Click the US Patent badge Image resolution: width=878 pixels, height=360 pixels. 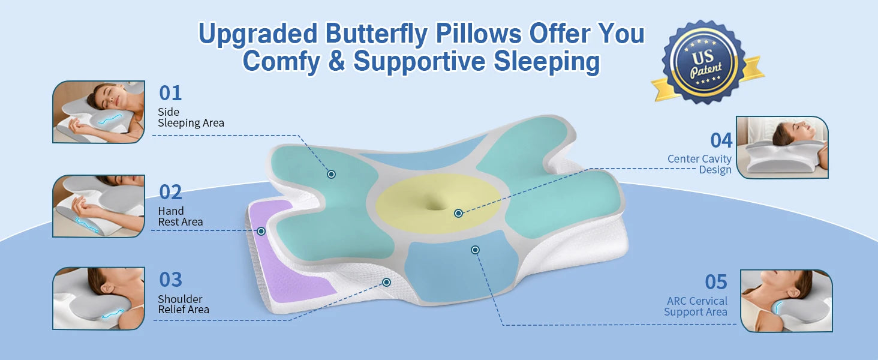(705, 63)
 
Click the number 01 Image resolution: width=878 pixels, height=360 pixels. (170, 94)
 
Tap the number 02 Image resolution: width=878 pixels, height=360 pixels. (170, 192)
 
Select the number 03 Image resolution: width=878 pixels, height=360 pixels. (170, 280)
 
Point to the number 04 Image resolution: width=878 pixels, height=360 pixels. (721, 140)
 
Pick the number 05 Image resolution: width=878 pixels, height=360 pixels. (715, 282)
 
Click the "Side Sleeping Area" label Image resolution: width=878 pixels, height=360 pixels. (191, 117)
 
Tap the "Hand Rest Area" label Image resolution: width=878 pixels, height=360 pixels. (181, 217)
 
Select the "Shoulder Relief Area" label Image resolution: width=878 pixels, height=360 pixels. (184, 304)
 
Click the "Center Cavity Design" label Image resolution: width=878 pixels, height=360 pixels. (700, 164)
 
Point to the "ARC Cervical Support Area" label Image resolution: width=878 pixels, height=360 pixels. (696, 306)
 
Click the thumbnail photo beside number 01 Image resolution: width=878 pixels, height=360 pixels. (99, 112)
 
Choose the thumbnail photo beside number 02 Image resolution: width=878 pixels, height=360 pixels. (99, 206)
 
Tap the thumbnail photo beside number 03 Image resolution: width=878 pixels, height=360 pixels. (99, 298)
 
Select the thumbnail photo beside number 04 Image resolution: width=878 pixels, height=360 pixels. (783, 148)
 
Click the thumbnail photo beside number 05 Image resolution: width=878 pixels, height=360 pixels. (786, 301)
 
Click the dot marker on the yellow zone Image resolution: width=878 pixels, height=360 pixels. (458, 214)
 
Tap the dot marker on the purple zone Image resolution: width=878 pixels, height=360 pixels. (261, 232)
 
